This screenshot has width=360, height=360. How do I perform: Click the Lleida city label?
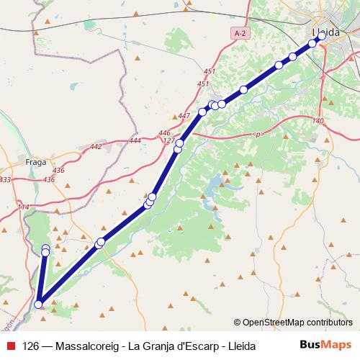tap(326, 32)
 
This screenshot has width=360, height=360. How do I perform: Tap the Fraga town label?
tap(35, 162)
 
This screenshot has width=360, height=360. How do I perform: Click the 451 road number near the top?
tap(210, 71)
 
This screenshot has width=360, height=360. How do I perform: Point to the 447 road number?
tap(184, 116)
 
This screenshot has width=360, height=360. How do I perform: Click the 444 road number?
tap(135, 140)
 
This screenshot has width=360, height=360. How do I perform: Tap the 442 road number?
tap(96, 146)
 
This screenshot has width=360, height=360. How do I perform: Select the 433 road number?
tap(5, 179)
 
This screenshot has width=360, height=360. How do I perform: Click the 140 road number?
tap(319, 121)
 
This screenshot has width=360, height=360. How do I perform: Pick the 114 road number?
tap(23, 208)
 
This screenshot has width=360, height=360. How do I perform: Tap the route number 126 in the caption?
tap(31, 346)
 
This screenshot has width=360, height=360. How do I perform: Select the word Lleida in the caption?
tap(240, 346)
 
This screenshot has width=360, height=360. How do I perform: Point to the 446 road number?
tap(165, 133)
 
